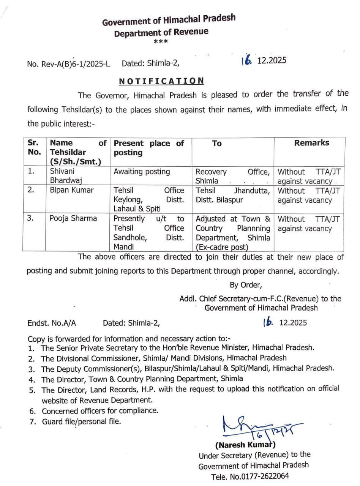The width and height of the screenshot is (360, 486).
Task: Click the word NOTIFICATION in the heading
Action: [161, 81]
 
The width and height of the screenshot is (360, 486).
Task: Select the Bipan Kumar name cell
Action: [71, 190]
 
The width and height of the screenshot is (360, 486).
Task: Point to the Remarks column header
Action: [311, 143]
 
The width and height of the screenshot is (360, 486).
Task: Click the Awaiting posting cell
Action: [142, 172]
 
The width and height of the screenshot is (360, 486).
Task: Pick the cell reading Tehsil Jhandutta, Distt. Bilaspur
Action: [232, 195]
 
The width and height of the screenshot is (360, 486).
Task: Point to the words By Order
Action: [245, 285]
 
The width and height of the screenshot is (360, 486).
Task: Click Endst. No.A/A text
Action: [52, 323]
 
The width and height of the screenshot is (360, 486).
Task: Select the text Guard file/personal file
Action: [81, 421]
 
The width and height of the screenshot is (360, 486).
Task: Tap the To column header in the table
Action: [217, 144]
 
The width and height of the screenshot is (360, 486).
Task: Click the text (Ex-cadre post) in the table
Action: [221, 247]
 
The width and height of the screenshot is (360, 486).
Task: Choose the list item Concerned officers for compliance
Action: [100, 410]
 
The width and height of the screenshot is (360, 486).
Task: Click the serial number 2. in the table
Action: [32, 190]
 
